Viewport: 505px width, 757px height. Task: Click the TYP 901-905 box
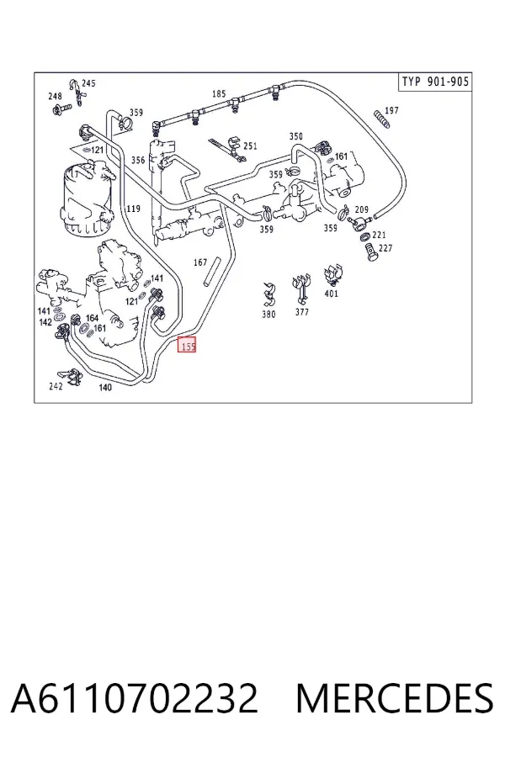pyautogui.click(x=435, y=81)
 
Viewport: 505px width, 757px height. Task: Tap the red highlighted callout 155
pyautogui.click(x=187, y=345)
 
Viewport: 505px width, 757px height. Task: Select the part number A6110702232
pyautogui.click(x=134, y=698)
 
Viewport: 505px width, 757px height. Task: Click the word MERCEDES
pyautogui.click(x=395, y=698)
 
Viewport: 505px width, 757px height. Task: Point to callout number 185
pyautogui.click(x=219, y=93)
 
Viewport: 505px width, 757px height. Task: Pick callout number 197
pyautogui.click(x=391, y=110)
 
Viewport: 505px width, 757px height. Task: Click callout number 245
pyautogui.click(x=88, y=83)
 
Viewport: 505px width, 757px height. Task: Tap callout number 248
pyautogui.click(x=55, y=96)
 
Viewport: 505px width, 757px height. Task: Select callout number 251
pyautogui.click(x=250, y=146)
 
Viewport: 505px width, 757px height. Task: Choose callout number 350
pyautogui.click(x=295, y=136)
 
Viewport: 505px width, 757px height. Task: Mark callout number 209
pyautogui.click(x=361, y=209)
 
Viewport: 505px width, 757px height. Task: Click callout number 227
pyautogui.click(x=385, y=248)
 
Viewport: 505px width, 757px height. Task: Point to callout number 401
pyautogui.click(x=331, y=294)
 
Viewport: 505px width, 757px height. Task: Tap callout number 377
pyautogui.click(x=301, y=312)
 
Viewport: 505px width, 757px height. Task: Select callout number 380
pyautogui.click(x=268, y=315)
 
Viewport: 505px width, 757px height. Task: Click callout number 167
pyautogui.click(x=200, y=262)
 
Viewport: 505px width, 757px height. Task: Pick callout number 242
pyautogui.click(x=56, y=386)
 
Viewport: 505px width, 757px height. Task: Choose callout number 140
pyautogui.click(x=105, y=387)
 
